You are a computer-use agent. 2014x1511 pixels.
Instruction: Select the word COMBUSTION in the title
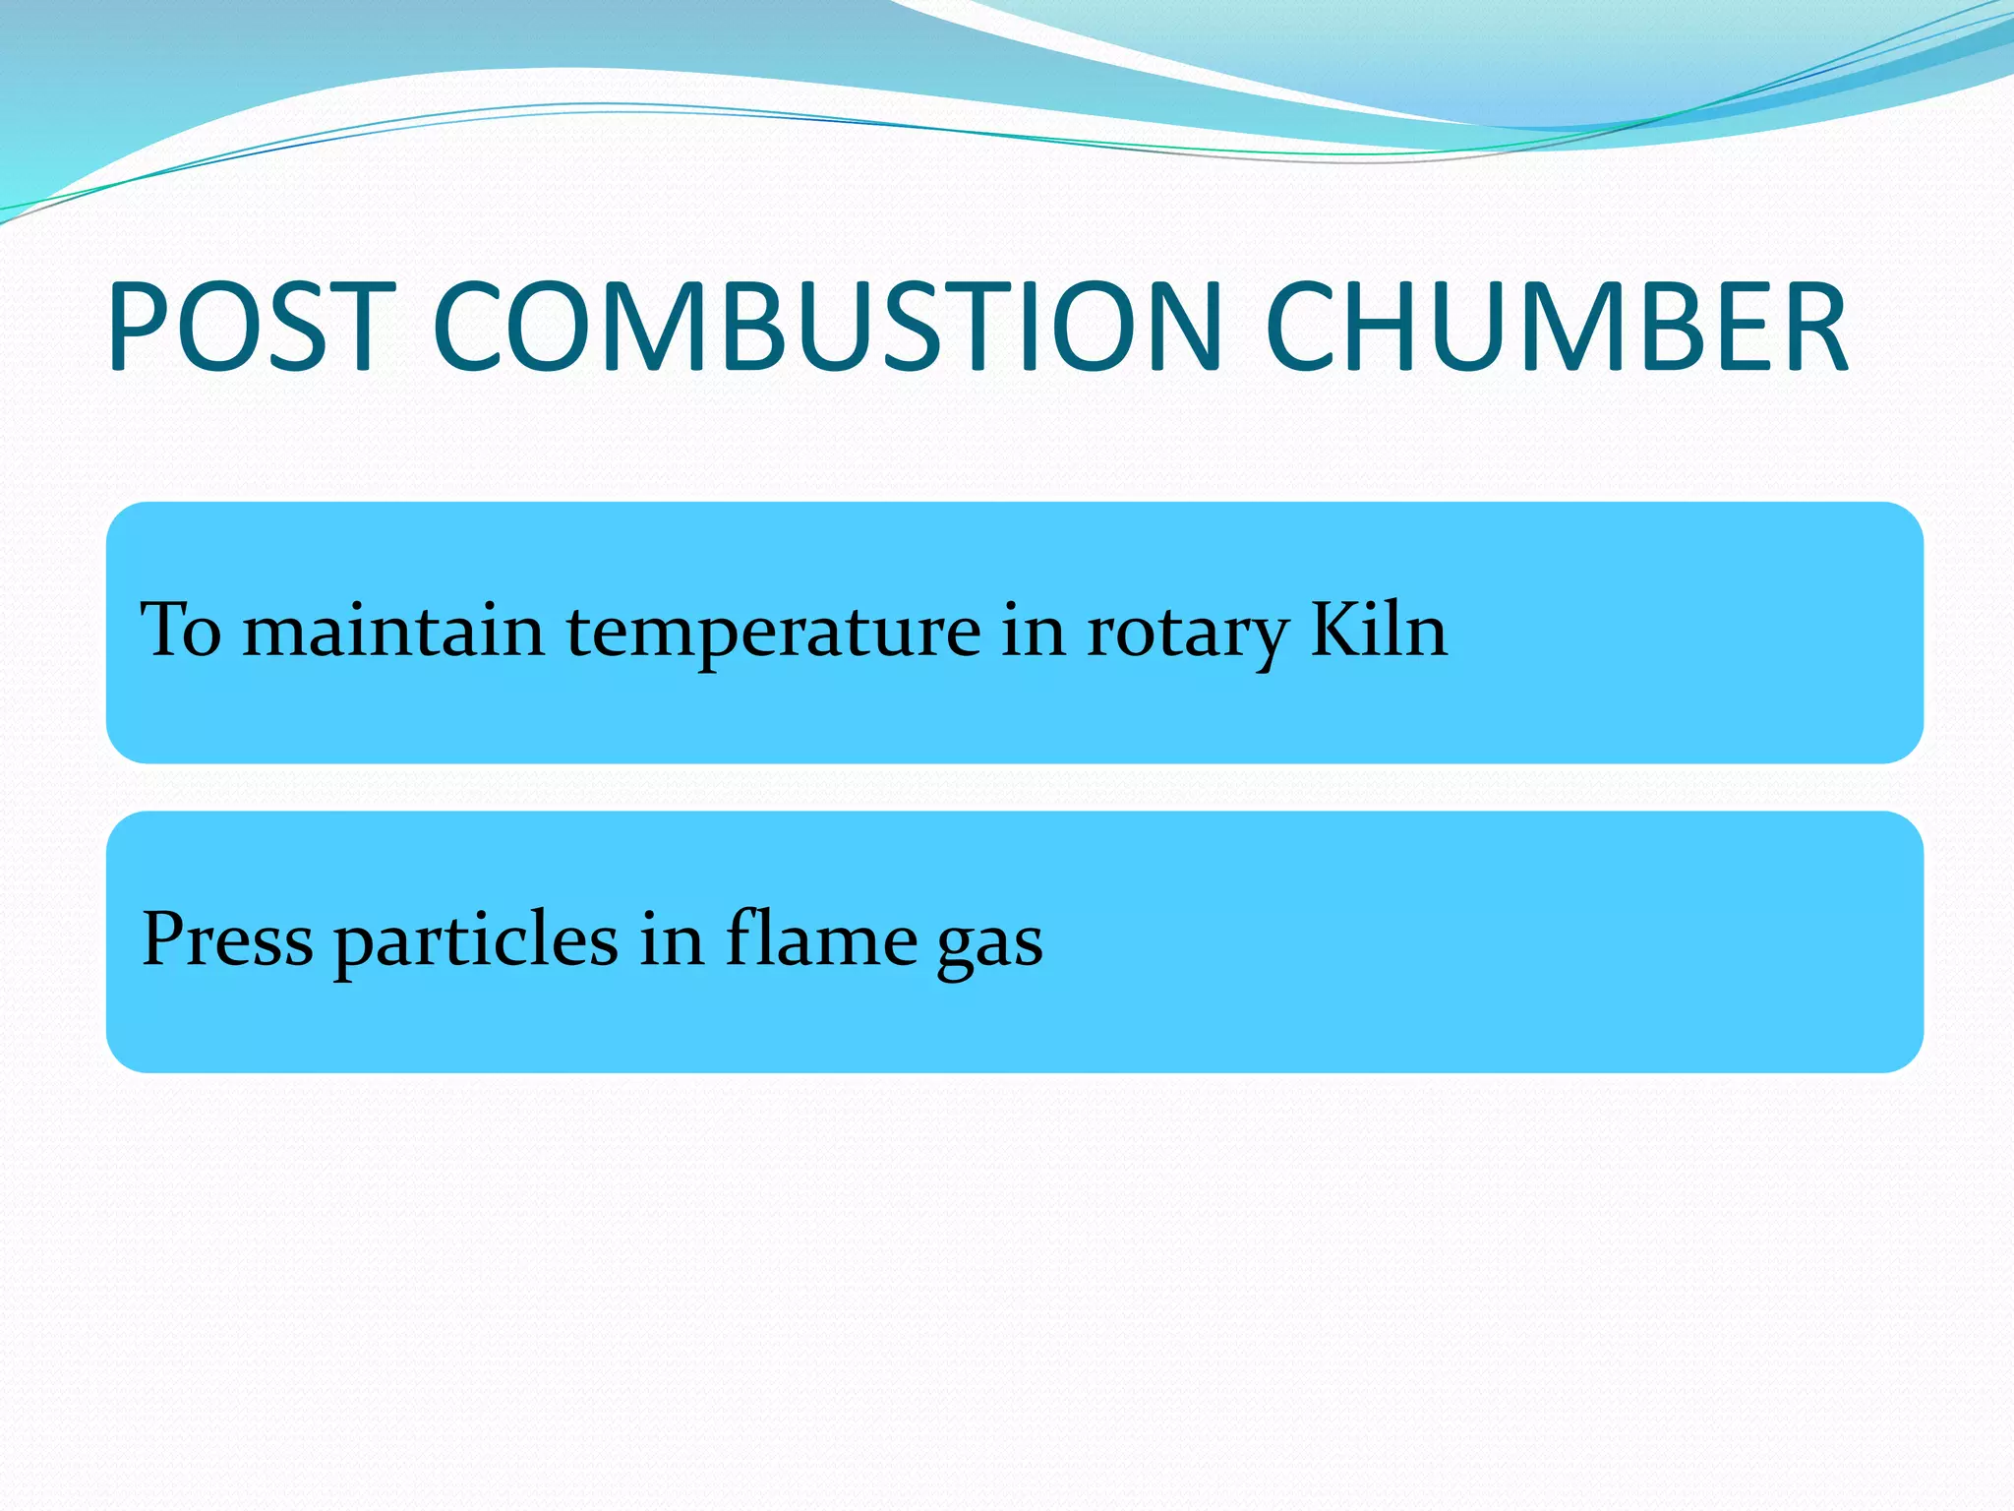click(x=827, y=327)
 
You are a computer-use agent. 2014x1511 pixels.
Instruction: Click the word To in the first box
click(x=182, y=630)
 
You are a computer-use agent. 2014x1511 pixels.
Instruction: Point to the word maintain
click(x=393, y=630)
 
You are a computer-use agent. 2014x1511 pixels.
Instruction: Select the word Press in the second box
click(x=227, y=939)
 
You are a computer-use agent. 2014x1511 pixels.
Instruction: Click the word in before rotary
click(x=1034, y=630)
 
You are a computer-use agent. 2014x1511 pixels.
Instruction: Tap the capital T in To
click(x=164, y=629)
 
